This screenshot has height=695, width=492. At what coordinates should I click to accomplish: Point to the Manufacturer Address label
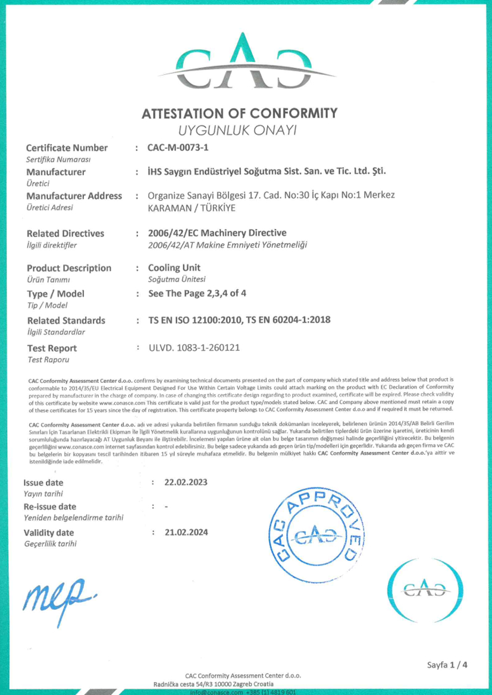75,196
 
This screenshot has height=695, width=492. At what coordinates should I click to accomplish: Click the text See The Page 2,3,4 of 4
195,294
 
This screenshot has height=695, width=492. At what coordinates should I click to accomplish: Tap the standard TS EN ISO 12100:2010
195,320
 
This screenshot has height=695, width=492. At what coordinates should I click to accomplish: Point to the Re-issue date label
50,507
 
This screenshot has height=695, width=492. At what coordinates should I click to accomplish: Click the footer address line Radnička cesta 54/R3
245,684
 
